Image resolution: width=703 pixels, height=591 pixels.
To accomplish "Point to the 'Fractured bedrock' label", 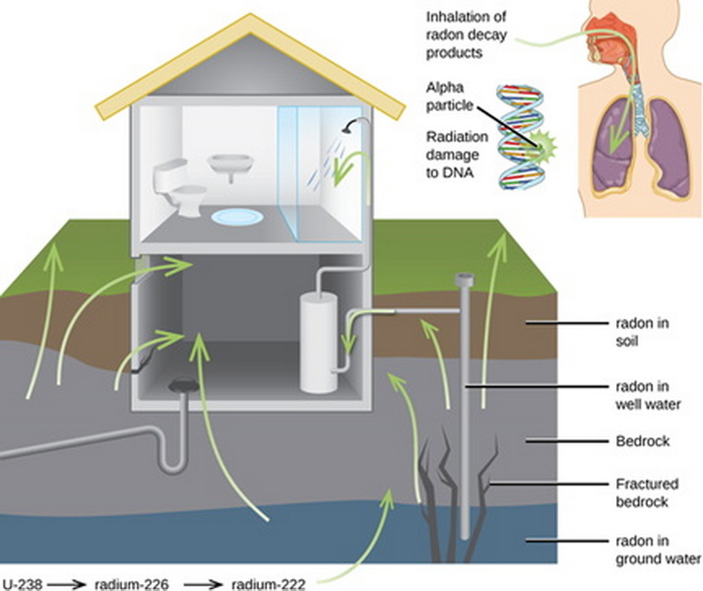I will (x=641, y=492).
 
